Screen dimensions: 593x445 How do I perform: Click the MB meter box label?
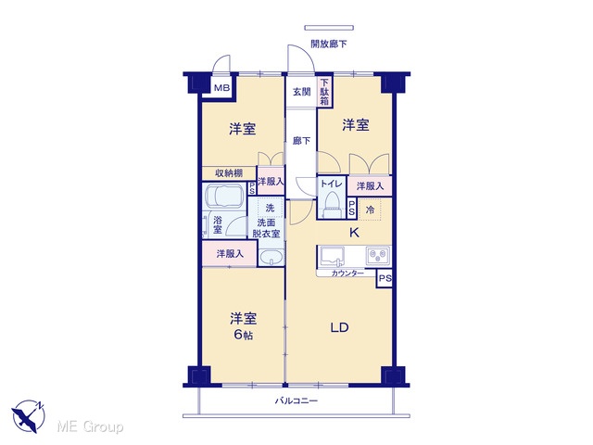pos(222,88)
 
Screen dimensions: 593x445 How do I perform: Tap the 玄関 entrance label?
pos(302,92)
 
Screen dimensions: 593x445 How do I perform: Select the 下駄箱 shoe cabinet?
pos(324,92)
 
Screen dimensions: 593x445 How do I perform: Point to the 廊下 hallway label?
pos(301,141)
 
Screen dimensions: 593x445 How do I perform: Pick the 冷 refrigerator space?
pos(370,209)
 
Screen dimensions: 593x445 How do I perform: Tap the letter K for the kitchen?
pos(354,233)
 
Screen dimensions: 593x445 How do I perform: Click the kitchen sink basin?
pos(332,256)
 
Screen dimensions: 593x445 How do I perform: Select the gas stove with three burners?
pos(377,256)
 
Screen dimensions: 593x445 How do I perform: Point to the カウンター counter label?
pos(347,273)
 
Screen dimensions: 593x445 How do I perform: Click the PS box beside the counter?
pos(385,279)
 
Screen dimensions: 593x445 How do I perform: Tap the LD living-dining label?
pos(339,327)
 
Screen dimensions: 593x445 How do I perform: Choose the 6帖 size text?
pos(243,335)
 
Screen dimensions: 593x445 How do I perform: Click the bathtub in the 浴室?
pos(222,196)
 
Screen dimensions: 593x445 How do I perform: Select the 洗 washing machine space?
pos(270,208)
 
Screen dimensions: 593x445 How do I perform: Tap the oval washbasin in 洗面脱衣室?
pos(271,258)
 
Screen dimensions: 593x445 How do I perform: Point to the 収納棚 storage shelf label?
pos(229,173)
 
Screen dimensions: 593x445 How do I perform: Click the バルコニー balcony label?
pos(296,400)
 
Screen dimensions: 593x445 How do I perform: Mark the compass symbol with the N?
pos(29,416)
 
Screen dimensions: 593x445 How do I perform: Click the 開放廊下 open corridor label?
pos(329,44)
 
